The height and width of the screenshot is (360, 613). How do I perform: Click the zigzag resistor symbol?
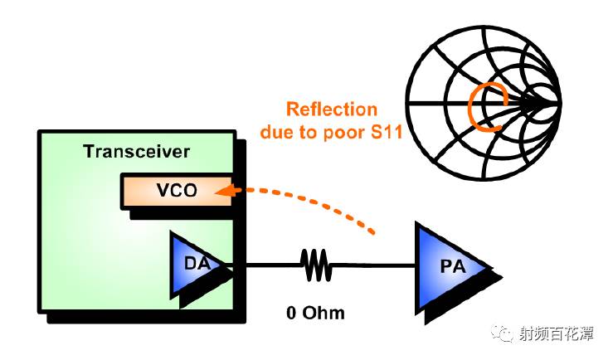click(x=315, y=266)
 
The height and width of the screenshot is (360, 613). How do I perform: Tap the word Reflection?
click(x=331, y=109)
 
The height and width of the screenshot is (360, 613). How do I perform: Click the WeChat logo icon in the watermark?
click(x=504, y=333)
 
